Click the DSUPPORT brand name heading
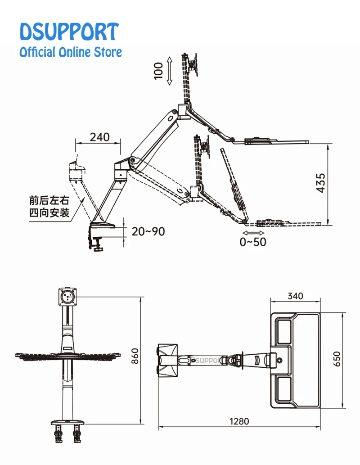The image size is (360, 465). click(69, 32)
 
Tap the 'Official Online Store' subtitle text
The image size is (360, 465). click(70, 52)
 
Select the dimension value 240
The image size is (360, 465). click(99, 137)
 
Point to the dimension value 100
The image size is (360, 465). click(158, 71)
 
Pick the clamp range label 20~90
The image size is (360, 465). click(148, 231)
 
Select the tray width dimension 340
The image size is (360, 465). click(295, 296)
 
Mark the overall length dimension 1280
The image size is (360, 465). click(239, 421)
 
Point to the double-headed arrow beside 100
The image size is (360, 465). click(170, 71)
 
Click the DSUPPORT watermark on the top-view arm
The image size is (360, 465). click(205, 360)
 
